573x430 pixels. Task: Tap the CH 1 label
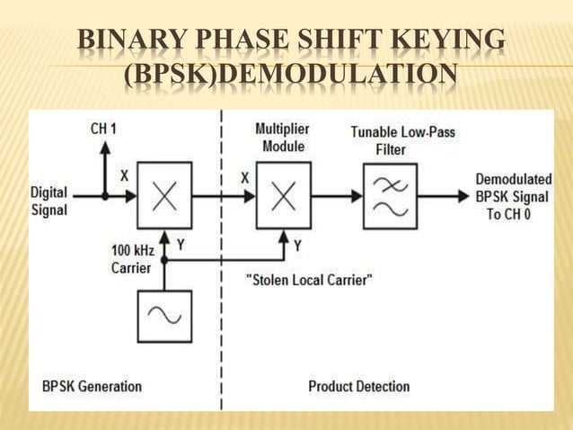point(103,130)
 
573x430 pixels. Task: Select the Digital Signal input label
point(49,201)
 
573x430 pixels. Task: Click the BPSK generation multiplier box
point(164,194)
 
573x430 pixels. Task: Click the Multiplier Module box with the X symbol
point(284,194)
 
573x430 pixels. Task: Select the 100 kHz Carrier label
point(131,257)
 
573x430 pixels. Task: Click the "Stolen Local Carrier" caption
point(309,280)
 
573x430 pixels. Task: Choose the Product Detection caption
point(358,386)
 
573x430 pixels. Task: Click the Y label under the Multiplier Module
point(297,245)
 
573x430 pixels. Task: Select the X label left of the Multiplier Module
point(244,178)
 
